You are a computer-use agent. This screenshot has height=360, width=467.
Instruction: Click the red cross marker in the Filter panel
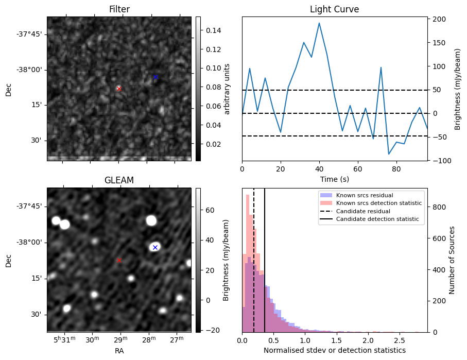119,89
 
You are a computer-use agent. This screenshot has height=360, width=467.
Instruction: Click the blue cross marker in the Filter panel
155,77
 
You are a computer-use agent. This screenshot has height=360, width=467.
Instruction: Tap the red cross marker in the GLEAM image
119,260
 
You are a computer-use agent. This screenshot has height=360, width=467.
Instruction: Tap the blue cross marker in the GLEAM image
155,247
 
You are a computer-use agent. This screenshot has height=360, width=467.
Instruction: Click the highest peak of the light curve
319,23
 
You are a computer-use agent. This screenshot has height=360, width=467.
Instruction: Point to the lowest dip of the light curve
389,154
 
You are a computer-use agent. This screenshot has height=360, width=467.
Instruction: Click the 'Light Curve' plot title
334,9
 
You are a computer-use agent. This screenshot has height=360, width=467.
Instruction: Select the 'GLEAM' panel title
119,180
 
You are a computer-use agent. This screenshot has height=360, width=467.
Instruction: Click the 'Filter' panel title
119,9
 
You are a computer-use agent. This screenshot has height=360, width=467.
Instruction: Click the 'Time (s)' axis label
334,179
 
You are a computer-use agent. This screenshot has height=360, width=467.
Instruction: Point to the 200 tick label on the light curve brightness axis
439,19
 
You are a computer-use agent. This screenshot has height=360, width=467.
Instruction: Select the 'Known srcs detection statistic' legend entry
378,203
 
